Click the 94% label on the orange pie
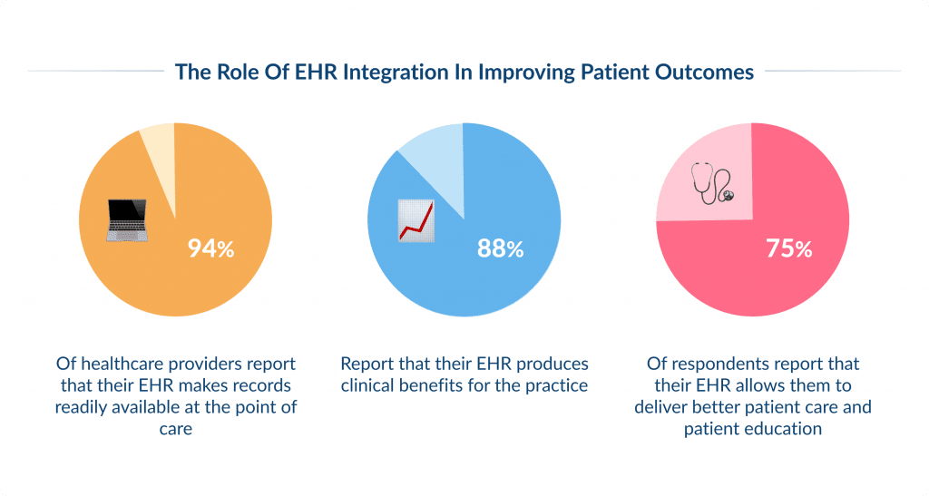pos(210,248)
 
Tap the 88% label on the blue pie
pos(501,248)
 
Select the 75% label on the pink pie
pos(788,248)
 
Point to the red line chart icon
pos(417,221)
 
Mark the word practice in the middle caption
pos(551,385)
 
